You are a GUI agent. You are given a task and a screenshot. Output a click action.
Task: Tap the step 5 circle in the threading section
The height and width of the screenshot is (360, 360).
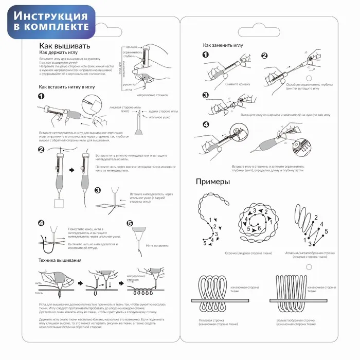(x=130, y=224)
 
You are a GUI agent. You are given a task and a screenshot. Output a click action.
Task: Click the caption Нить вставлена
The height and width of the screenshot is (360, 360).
(x=157, y=245)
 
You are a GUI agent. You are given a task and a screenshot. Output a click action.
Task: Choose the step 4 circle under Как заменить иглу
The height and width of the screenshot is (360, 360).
(x=205, y=124)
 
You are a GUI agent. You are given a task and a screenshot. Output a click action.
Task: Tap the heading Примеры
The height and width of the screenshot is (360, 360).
(x=212, y=182)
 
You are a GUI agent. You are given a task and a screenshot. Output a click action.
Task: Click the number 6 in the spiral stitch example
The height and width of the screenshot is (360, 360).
(x=259, y=228)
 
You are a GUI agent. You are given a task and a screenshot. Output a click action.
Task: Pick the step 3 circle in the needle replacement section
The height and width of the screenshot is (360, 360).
(x=205, y=95)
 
